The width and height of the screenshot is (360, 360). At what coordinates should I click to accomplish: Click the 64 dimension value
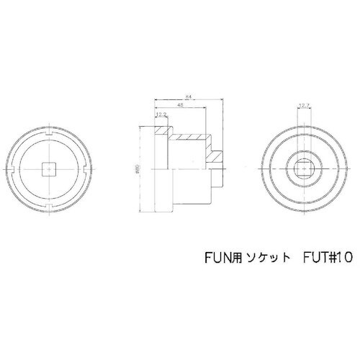pos(187,95)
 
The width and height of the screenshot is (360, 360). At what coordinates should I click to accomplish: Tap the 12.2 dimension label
pos(160,114)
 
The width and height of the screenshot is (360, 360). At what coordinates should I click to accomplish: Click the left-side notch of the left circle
pos(13,171)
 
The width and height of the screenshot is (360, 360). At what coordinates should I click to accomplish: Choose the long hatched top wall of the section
pos(189,137)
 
